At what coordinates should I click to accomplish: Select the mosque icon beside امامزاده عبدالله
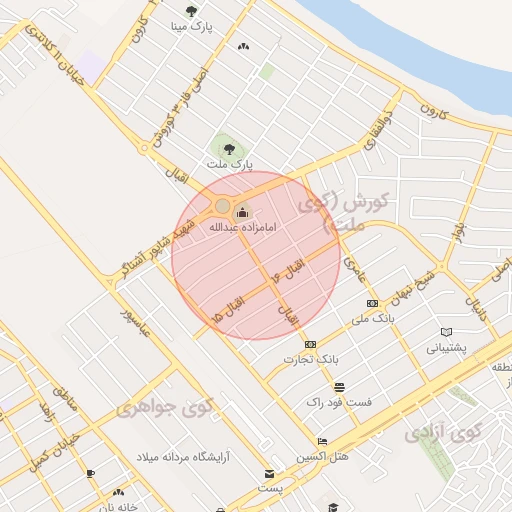pyautogui.click(x=242, y=211)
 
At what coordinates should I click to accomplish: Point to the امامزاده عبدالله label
pyautogui.click(x=242, y=227)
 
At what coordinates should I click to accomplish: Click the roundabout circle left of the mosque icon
pyautogui.click(x=222, y=206)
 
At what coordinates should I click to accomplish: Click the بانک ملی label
pyautogui.click(x=373, y=319)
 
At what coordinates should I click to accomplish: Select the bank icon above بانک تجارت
pyautogui.click(x=311, y=344)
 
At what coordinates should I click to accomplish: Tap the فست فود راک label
pyautogui.click(x=340, y=401)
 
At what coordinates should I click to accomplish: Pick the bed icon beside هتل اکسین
pyautogui.click(x=321, y=441)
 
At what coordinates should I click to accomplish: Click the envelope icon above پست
pyautogui.click(x=268, y=473)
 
